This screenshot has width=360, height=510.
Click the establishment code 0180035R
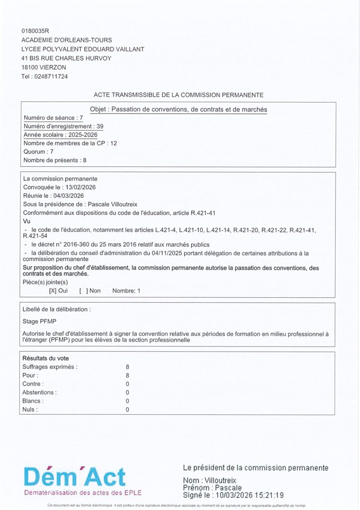point(32,31)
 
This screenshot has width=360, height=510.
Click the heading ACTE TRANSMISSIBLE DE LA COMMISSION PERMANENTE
point(178,95)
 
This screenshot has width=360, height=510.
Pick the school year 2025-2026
point(83,135)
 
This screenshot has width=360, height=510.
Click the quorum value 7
point(51,151)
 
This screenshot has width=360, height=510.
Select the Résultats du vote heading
point(46,358)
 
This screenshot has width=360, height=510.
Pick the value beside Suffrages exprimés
point(127,367)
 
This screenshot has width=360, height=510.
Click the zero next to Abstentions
point(127,392)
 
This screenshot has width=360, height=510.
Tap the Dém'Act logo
point(75,478)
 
